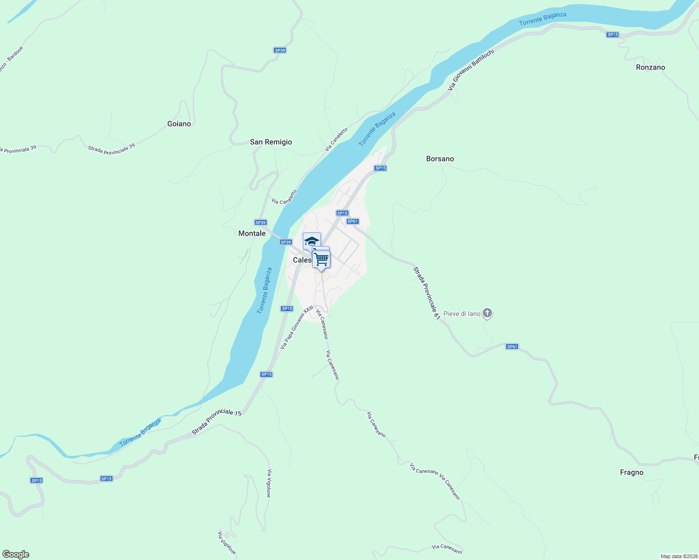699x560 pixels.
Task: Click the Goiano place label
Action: click(x=179, y=124)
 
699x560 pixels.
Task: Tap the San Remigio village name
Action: click(x=271, y=142)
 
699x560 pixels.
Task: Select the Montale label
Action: click(x=252, y=233)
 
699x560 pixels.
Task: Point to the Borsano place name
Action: click(x=440, y=159)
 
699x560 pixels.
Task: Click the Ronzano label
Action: click(x=650, y=67)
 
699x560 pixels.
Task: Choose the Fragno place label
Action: click(x=632, y=472)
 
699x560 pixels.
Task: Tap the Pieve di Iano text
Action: click(x=462, y=314)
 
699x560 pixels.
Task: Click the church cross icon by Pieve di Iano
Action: click(x=487, y=313)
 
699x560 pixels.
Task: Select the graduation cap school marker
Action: click(x=312, y=241)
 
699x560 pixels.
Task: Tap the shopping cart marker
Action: click(x=321, y=259)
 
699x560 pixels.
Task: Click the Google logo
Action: click(x=16, y=554)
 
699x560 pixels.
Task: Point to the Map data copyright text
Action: click(x=678, y=556)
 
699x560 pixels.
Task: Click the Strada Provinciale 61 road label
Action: click(x=427, y=293)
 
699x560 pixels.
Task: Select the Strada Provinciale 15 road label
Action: click(x=217, y=422)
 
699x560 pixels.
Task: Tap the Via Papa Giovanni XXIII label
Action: click(x=297, y=328)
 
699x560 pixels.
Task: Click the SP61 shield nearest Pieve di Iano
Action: click(x=512, y=346)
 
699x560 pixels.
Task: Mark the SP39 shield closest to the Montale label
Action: click(x=260, y=223)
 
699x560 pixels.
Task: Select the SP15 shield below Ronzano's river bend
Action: click(x=612, y=35)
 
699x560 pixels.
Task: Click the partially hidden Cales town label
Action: click(x=302, y=260)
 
